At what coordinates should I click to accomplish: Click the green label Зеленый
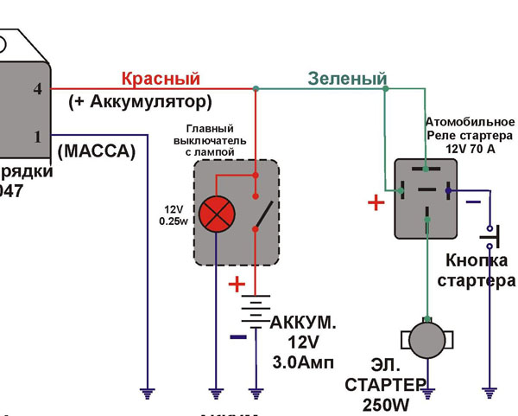click(x=347, y=80)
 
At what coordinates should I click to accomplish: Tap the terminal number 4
click(x=37, y=88)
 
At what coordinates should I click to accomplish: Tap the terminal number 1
click(x=37, y=137)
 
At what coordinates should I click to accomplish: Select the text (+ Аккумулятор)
click(x=140, y=102)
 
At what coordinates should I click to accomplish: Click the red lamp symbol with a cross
click(x=216, y=214)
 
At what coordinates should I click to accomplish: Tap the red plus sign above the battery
click(x=236, y=284)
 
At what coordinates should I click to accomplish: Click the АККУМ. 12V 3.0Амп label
click(x=302, y=341)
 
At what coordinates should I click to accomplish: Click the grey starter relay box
click(x=426, y=198)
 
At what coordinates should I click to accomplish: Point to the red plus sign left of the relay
click(x=376, y=203)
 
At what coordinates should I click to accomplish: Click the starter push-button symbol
click(x=492, y=233)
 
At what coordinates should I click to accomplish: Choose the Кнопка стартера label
click(x=476, y=271)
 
